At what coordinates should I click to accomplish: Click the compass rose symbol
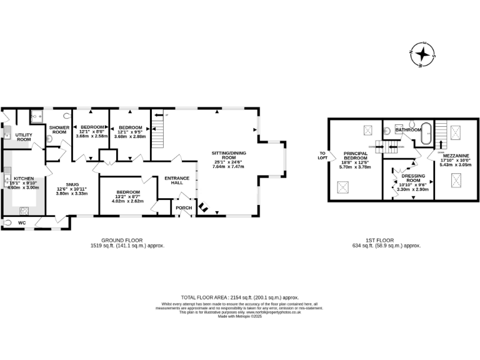coord(423,54)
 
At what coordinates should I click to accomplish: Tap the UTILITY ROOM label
coord(24,137)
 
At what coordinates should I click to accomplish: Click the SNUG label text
coord(72,184)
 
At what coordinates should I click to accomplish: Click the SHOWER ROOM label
coord(59,130)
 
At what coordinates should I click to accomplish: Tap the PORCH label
coord(182,207)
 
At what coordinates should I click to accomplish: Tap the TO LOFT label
coord(322,156)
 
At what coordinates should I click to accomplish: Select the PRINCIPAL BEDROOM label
coord(354,156)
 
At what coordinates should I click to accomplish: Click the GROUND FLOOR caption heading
coord(122,240)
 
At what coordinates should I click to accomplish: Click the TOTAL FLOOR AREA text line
coord(239,297)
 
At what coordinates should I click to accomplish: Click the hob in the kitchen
coord(26,210)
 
